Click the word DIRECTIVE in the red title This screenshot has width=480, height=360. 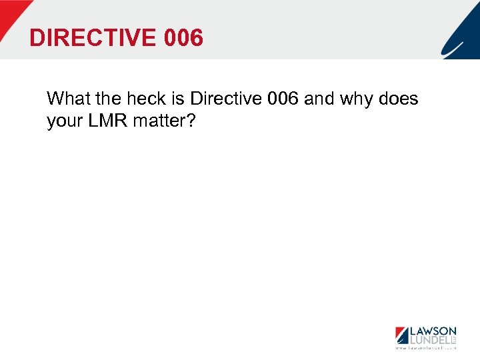[91, 38]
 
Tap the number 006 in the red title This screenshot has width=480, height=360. [182, 38]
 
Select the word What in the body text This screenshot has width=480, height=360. [69, 99]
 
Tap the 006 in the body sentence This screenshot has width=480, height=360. [283, 99]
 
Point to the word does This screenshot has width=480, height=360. [399, 99]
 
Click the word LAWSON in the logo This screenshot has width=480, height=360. [431, 331]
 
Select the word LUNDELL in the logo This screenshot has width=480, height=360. [428, 340]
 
